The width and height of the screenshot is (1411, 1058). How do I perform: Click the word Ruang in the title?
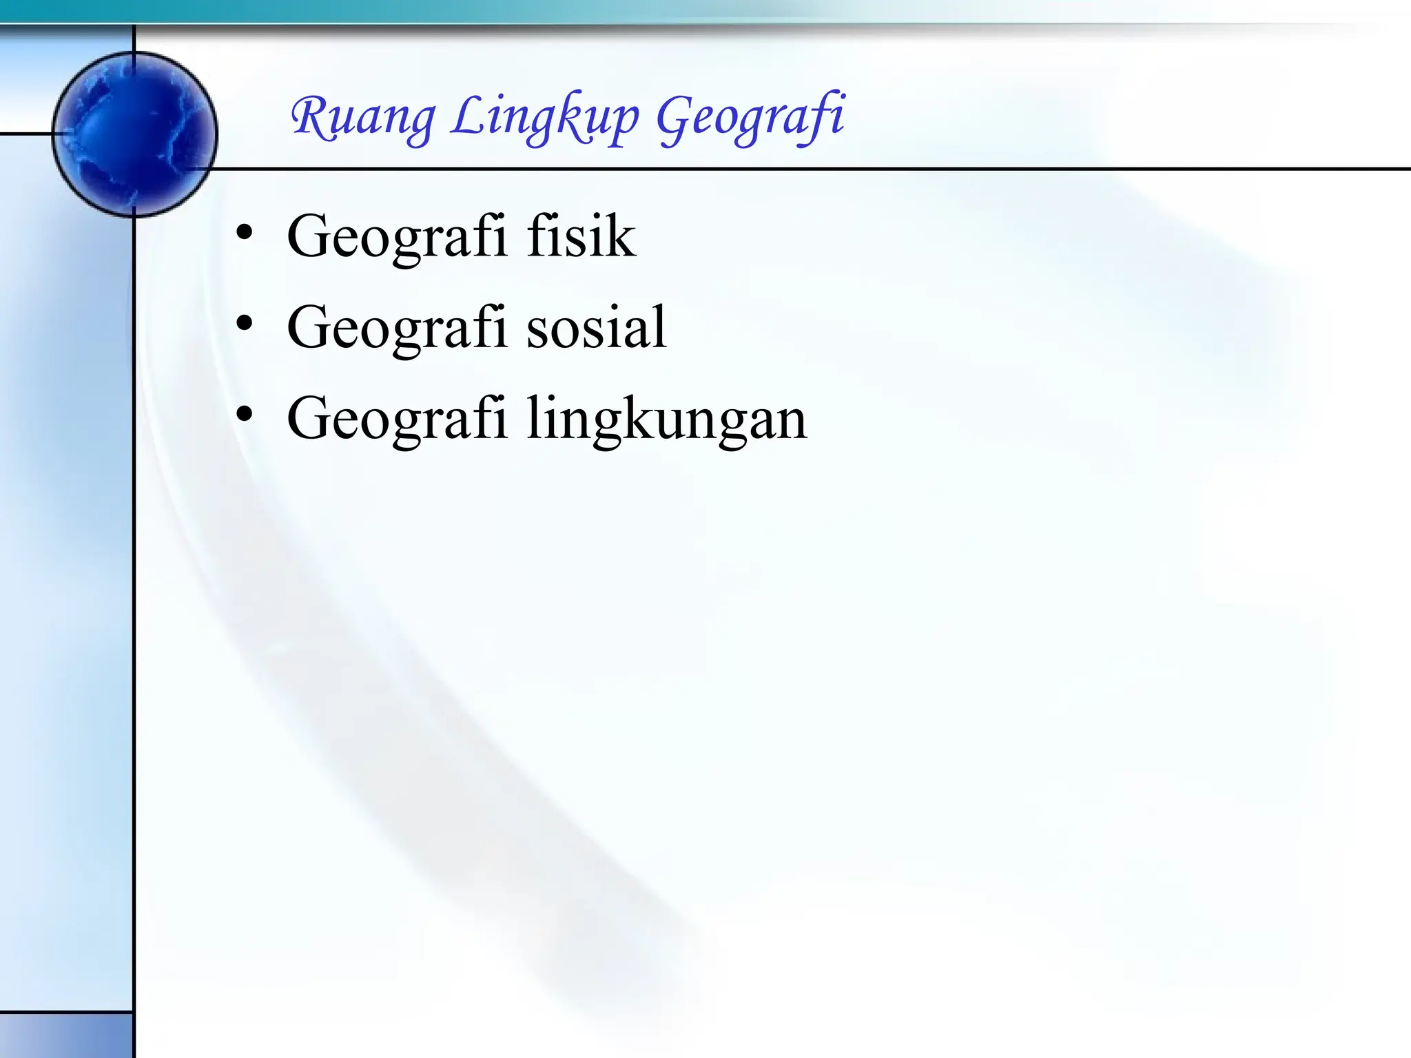pos(363,117)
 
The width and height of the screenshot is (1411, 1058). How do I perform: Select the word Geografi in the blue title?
pos(750,118)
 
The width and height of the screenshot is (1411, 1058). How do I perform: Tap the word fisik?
pos(581,236)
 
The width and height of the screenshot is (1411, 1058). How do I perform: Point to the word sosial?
pos(597,327)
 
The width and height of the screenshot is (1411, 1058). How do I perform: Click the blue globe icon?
pos(135,134)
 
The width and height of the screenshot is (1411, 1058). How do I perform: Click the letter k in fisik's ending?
pos(620,236)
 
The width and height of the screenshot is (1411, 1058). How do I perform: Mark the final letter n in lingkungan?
pos(790,422)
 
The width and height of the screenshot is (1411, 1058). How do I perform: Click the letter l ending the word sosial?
pos(660,326)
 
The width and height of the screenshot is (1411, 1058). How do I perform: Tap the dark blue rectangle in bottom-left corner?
pos(65,1035)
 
